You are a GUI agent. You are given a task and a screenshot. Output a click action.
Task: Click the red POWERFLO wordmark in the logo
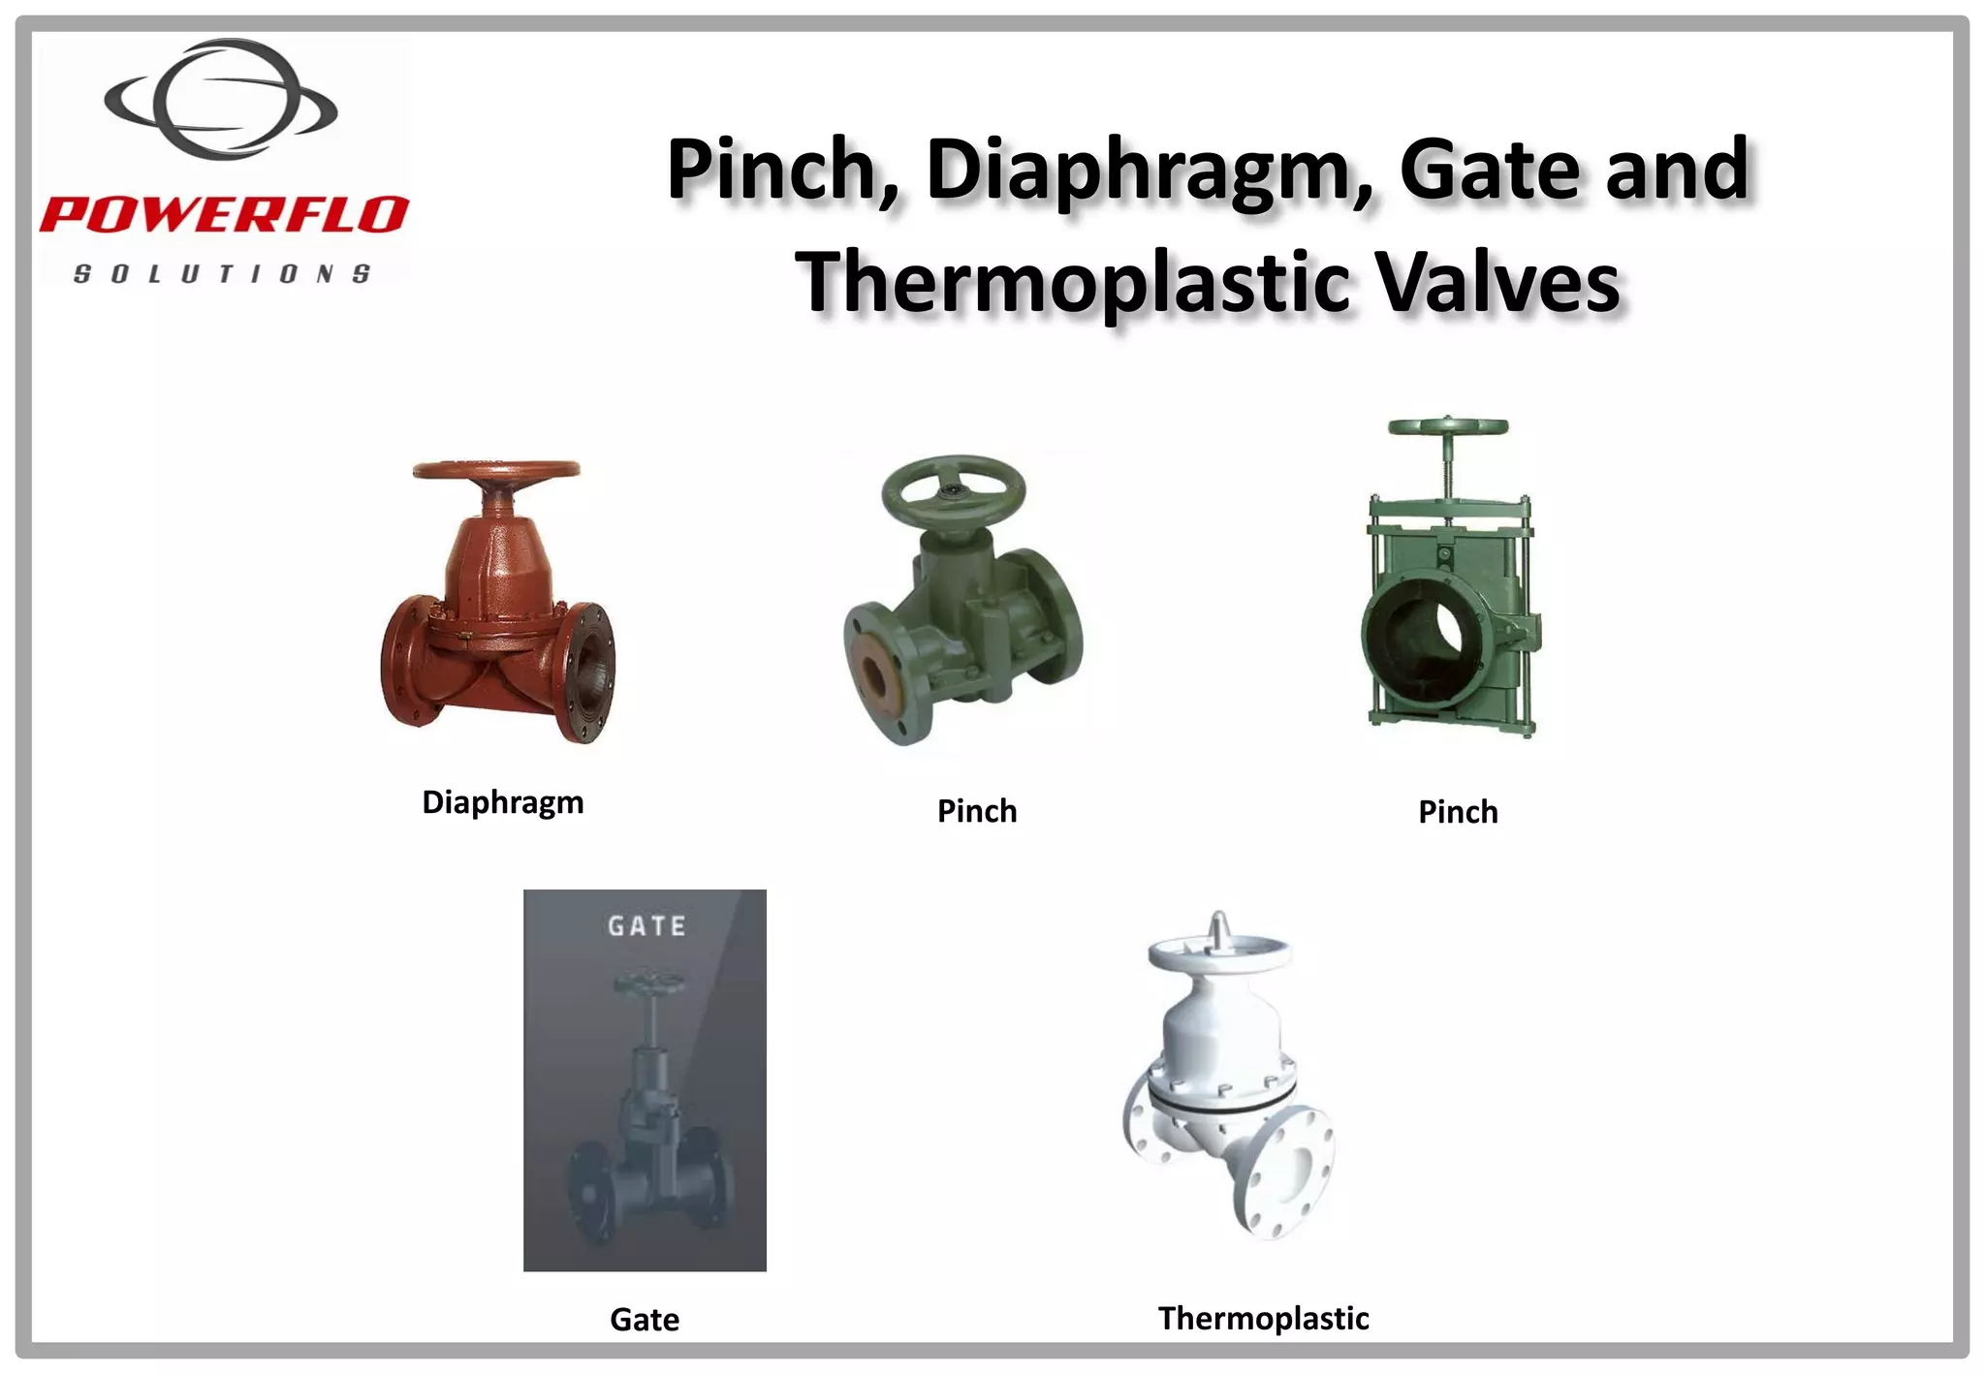224,214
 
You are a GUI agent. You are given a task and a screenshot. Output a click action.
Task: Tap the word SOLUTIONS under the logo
222,274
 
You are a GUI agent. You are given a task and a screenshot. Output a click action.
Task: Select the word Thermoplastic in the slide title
1072,282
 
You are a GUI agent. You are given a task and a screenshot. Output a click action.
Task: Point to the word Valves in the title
1497,282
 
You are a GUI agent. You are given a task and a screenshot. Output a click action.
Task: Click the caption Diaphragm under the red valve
502,802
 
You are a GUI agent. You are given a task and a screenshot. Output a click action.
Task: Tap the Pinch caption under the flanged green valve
976,811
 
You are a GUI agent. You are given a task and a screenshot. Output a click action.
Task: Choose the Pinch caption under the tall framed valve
1458,812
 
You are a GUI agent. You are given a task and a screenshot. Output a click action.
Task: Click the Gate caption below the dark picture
645,1319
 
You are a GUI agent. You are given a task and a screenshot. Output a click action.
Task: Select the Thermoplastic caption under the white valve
1263,1318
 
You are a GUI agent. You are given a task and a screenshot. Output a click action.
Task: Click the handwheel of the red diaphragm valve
496,471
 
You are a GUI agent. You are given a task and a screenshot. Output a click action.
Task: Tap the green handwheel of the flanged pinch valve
953,486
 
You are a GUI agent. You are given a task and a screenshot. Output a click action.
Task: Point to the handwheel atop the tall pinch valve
1447,427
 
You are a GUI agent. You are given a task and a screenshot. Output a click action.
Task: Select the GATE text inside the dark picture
646,926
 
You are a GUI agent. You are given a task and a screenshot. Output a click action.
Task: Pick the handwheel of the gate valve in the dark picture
648,984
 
